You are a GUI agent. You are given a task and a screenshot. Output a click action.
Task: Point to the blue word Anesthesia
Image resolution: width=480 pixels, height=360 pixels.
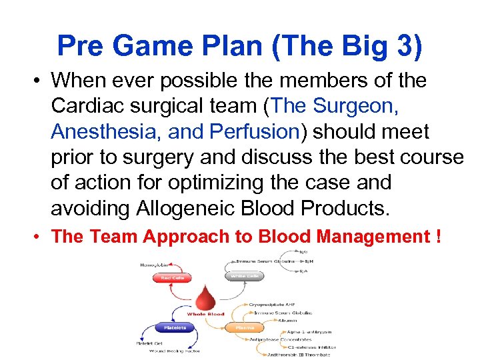[105, 131]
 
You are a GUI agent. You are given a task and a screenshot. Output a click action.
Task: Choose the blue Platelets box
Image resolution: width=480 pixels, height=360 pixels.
[174, 327]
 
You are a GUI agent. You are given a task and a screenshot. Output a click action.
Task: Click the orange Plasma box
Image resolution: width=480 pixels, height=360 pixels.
[242, 327]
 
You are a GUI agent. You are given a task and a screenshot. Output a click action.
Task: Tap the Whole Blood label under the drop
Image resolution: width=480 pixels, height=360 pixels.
[205, 314]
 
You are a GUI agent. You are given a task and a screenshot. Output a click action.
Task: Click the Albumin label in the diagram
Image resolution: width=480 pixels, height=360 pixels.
[279, 321]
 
